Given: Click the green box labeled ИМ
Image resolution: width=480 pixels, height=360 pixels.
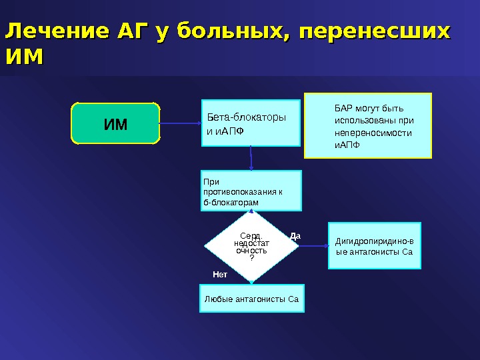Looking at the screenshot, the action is [115, 123].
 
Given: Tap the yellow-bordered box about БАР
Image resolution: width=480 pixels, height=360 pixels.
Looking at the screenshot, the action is [368, 125].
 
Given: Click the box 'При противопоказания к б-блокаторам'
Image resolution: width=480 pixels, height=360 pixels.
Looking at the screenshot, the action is [251, 190].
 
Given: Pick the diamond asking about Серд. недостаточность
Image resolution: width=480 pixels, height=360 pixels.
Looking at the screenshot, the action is [251, 245].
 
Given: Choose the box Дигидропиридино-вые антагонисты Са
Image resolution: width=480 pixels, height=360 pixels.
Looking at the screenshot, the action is [374, 245].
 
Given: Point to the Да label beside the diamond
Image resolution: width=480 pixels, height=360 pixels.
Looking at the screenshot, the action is [296, 235].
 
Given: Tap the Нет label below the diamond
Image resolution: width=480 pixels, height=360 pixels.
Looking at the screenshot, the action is [220, 274].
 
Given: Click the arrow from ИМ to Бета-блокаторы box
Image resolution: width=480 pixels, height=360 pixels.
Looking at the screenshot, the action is [181, 123].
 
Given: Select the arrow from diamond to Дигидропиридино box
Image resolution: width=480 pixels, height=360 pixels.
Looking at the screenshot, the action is [313, 245].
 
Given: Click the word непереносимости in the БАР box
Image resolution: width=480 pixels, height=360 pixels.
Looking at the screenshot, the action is [372, 133].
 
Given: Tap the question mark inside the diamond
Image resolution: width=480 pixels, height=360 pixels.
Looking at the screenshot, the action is [251, 258].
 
